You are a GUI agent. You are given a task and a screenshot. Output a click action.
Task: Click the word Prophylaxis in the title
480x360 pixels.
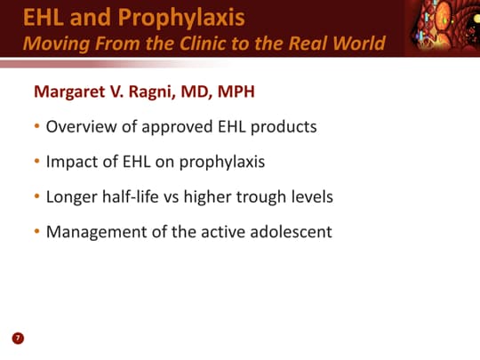(181, 18)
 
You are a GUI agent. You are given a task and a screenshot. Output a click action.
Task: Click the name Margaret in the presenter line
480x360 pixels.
(69, 92)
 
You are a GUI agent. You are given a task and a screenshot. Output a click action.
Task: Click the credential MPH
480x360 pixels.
(236, 92)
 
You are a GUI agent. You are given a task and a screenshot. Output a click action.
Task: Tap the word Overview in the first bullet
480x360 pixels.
(81, 127)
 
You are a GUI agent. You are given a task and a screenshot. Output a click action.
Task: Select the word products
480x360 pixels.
(284, 127)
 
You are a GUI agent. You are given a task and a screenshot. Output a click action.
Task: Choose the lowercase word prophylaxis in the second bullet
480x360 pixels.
(222, 163)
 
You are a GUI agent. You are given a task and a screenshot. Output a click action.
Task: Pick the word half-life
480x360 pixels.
(130, 196)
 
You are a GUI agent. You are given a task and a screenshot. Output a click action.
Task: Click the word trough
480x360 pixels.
(261, 197)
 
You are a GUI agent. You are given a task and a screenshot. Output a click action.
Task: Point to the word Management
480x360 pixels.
(96, 232)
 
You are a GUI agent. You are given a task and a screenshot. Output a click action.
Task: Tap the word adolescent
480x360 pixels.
(291, 232)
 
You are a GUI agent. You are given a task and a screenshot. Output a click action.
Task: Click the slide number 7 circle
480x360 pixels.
(18, 339)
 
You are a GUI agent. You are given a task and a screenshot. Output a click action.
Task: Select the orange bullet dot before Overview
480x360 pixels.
(37, 126)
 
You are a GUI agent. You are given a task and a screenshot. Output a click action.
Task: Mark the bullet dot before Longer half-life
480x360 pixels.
(37, 196)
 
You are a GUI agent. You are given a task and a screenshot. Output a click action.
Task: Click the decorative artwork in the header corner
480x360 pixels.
(444, 28)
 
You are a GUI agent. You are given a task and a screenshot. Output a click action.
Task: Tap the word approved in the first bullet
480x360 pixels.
(177, 127)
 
